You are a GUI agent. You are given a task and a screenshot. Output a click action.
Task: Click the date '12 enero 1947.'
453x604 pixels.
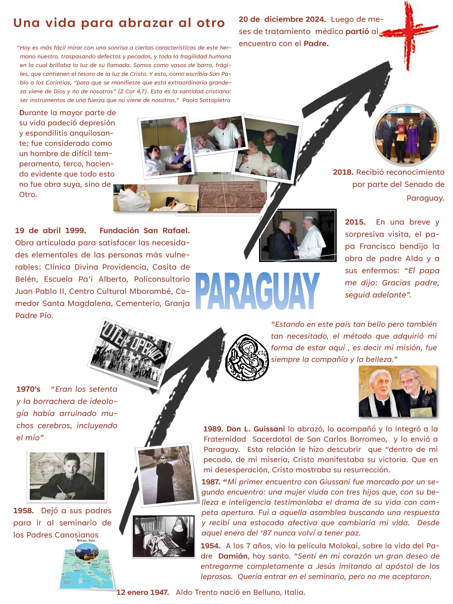tap(143, 592)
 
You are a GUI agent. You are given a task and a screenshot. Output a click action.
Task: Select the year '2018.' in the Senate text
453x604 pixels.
tap(343, 172)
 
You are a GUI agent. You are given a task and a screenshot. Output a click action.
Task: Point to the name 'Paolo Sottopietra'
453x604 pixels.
tap(206, 100)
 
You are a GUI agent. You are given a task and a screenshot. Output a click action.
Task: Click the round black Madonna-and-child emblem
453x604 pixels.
tap(247, 357)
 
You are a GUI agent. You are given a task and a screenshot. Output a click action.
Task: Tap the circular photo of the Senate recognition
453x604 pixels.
tap(406, 135)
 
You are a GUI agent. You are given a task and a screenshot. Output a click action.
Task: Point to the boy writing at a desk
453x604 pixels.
tap(67, 476)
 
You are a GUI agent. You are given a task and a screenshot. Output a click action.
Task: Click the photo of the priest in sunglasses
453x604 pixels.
tap(166, 474)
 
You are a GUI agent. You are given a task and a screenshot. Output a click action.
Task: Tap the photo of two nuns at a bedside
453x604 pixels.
tap(164, 536)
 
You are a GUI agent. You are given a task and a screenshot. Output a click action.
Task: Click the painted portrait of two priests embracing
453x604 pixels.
tap(398, 391)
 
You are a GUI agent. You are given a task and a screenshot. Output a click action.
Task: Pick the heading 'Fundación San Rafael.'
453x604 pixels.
tap(144, 230)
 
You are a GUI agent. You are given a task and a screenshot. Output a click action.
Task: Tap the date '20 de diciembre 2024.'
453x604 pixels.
tap(282, 19)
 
